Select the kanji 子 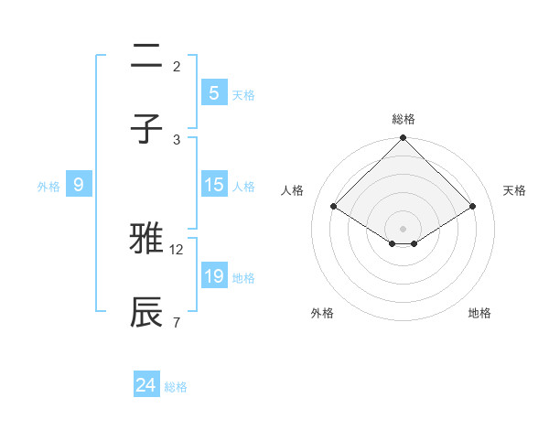147,128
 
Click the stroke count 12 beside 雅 178,249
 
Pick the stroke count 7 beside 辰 177,322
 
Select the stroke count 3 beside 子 177,139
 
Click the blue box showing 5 213,93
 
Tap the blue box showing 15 213,185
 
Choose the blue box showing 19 213,276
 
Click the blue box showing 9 79,185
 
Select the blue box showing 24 146,385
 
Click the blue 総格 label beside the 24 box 176,387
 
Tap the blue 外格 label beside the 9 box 48,187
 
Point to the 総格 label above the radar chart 404,119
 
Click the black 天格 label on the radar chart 515,190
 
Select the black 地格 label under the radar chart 479,313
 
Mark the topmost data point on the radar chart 404,139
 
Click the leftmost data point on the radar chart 334,206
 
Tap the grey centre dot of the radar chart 404,228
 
